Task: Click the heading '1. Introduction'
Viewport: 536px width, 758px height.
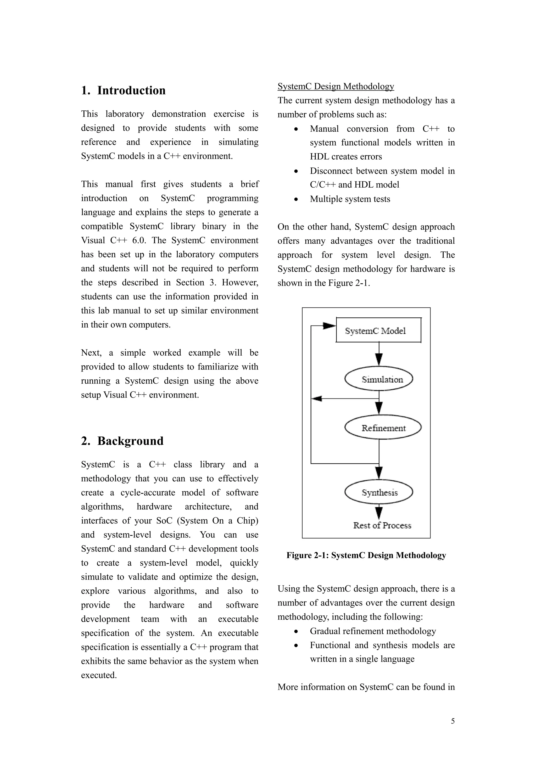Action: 123,91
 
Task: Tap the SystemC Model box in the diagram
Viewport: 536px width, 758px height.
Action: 378,330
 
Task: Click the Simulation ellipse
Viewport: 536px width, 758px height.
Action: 378,379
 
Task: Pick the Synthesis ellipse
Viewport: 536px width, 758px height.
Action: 378,492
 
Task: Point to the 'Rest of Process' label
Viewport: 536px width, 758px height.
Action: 382,525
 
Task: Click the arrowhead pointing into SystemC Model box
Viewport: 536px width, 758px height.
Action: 329,326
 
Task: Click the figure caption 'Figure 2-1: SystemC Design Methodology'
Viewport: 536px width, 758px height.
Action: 366,555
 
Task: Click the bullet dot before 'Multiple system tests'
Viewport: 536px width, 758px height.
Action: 296,199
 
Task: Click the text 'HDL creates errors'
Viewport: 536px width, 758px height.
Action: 346,156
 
